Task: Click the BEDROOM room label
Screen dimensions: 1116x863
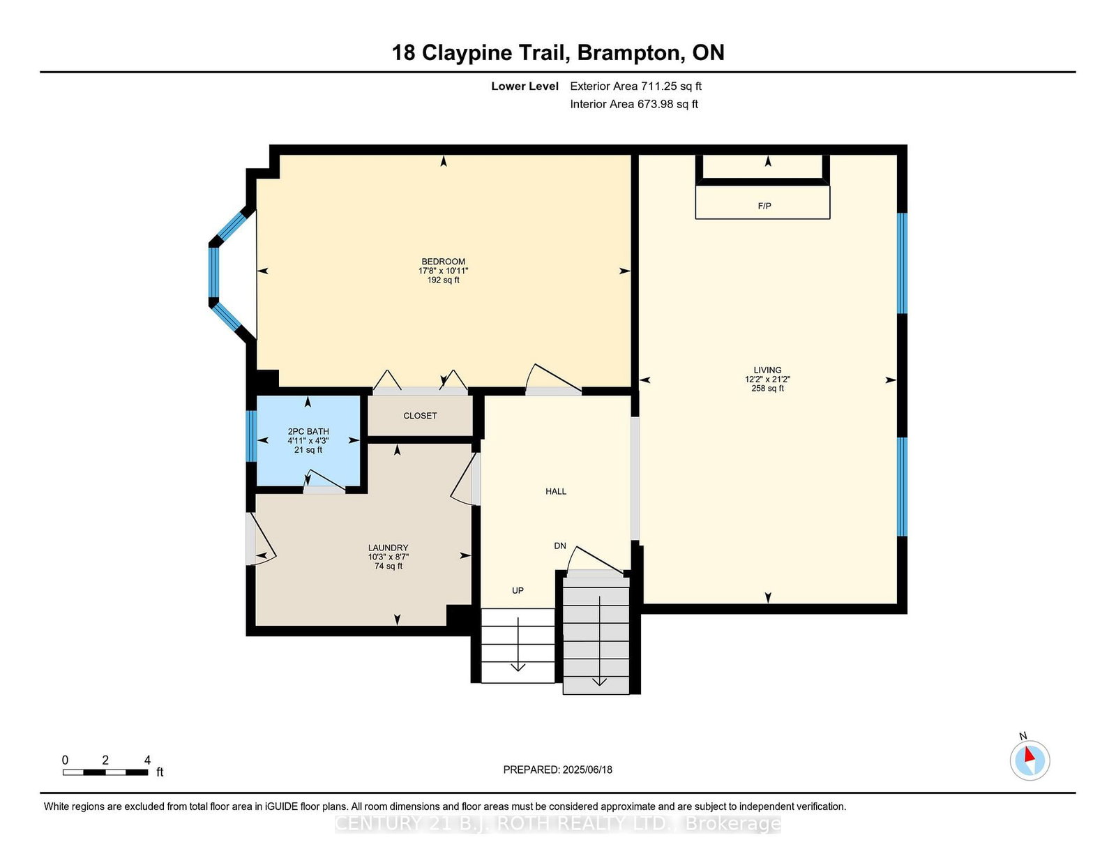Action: [443, 262]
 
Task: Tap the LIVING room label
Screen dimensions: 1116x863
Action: [767, 370]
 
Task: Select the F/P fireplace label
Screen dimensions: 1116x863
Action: [764, 206]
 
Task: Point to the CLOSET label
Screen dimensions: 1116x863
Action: [420, 416]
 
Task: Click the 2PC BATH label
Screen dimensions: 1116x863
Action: [308, 431]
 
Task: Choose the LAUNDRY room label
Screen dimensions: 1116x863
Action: [389, 548]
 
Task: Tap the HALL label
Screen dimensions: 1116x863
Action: [556, 491]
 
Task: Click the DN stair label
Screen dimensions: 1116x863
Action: [560, 546]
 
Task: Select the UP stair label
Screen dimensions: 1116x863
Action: [518, 590]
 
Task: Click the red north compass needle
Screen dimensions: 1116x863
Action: [1030, 755]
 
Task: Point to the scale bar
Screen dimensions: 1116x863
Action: [105, 772]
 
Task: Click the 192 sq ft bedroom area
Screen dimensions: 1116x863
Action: [443, 280]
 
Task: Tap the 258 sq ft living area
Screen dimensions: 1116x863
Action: [767, 389]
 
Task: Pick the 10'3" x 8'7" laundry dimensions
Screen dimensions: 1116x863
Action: [389, 557]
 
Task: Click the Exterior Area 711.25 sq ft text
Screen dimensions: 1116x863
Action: [636, 87]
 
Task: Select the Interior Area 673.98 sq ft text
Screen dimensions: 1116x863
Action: [634, 104]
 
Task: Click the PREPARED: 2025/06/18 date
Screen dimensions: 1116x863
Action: [558, 770]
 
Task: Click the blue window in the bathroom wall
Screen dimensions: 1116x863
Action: [251, 436]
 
